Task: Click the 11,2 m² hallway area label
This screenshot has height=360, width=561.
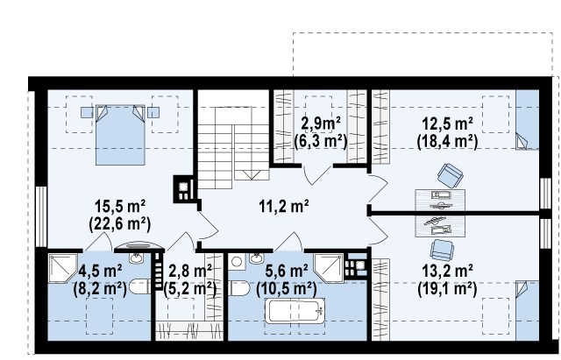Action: pos(284,206)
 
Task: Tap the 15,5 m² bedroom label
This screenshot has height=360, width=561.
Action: pos(120,206)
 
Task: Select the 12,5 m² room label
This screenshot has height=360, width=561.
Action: pos(447,124)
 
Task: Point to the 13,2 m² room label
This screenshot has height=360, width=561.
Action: pos(448,271)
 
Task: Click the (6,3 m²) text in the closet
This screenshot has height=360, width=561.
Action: pos(321,142)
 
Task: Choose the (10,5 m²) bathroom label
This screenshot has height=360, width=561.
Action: pos(287,288)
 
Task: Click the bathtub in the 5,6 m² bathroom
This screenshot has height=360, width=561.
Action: pos(295,311)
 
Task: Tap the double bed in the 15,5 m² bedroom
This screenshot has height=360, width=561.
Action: pos(120,135)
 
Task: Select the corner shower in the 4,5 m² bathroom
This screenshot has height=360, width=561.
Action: pos(62,268)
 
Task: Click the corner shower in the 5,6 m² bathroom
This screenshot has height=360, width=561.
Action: pos(329,268)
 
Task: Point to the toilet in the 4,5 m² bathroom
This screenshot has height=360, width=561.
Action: pos(139,286)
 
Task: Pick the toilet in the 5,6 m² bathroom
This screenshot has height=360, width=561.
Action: pos(238,288)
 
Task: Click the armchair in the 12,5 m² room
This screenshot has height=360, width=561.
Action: pos(450,175)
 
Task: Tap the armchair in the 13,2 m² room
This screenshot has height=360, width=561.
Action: pos(442,250)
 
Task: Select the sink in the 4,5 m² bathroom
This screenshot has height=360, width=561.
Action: pos(136,258)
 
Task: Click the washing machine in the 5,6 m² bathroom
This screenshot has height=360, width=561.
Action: pos(237,262)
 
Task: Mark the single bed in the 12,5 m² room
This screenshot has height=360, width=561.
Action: pos(528,119)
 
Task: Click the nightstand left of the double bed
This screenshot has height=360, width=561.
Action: pos(87,113)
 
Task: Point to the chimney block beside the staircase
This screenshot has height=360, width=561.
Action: pos(183,189)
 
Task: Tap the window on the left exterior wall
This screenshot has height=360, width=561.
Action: pos(41,216)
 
